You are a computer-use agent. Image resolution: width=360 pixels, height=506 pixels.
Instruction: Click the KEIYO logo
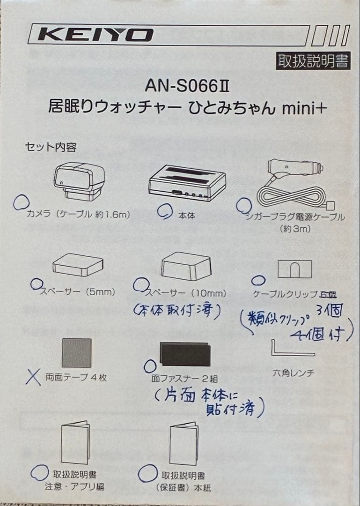(96, 35)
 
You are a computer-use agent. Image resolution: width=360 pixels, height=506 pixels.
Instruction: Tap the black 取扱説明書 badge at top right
(313, 61)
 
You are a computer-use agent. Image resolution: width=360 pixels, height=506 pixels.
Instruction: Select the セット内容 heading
(50, 147)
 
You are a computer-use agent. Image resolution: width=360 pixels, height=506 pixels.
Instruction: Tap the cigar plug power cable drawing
(291, 186)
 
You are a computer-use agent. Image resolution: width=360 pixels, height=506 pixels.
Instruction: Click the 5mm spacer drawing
(78, 265)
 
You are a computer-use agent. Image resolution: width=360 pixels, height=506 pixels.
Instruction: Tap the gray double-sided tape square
(76, 353)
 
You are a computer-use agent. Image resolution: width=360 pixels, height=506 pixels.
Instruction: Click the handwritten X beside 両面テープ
(33, 377)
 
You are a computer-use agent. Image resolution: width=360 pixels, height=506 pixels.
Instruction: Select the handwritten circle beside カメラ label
(20, 202)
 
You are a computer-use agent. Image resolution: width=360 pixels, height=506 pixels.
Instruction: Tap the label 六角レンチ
(293, 373)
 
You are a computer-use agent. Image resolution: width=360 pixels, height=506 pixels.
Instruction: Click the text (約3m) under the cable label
(295, 229)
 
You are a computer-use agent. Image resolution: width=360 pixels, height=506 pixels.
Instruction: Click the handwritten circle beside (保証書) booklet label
(147, 473)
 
